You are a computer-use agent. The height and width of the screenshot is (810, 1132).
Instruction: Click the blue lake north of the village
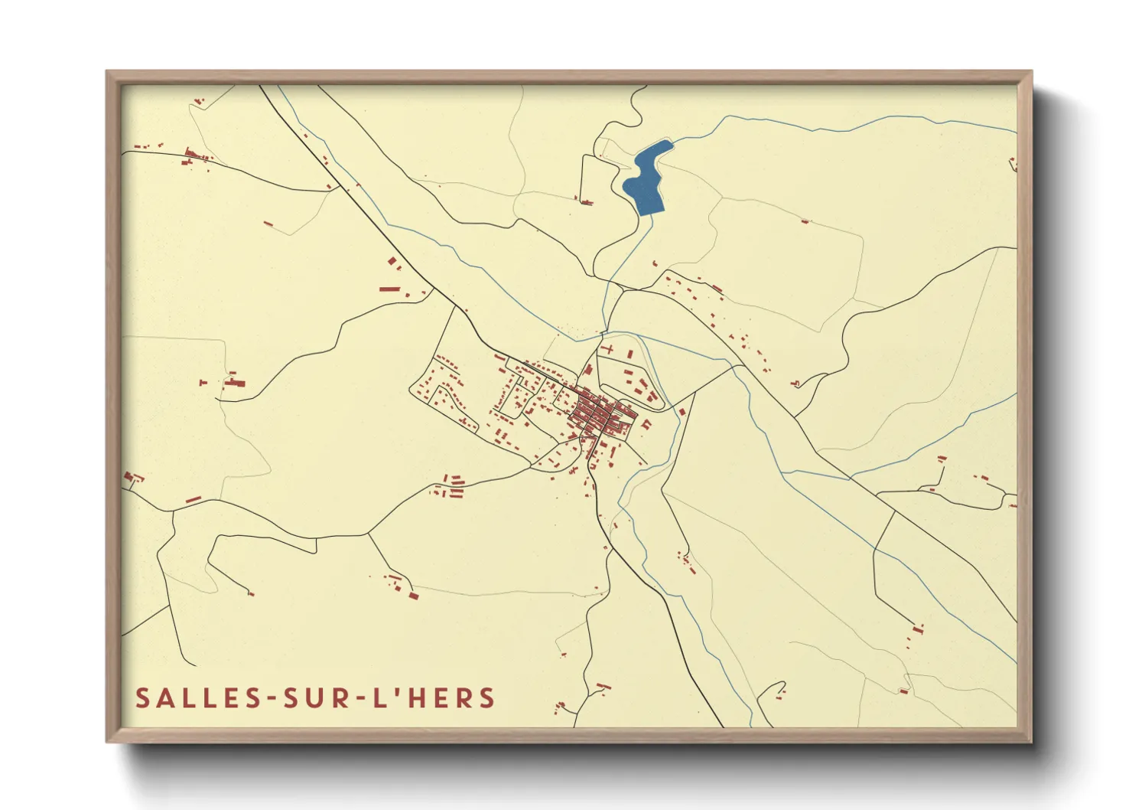tap(645, 181)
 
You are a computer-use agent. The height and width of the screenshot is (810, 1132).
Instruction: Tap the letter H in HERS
tap(418, 698)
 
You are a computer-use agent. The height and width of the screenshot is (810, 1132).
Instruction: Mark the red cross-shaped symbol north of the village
tap(610, 348)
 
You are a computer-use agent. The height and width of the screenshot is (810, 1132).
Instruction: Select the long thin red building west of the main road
tap(389, 289)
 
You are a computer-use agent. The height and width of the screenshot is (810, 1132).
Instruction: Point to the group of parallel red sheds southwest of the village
tap(451, 487)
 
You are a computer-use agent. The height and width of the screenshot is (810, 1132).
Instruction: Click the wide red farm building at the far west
tap(233, 382)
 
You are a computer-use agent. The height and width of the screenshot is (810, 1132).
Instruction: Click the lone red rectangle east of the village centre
tap(681, 412)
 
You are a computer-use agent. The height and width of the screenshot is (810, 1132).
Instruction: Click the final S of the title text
tap(487, 698)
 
